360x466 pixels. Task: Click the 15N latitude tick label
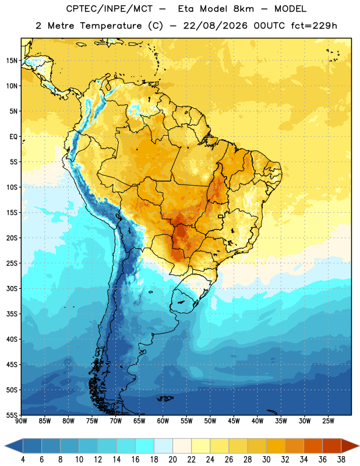pos(12,61)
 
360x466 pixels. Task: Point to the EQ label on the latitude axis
pos(13,137)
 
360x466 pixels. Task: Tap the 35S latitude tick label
pos(12,314)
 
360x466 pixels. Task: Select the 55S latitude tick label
pos(12,415)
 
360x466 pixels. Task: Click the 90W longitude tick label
pos(21,421)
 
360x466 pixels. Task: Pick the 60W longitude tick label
pos(163,421)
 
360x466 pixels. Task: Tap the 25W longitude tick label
pos(328,421)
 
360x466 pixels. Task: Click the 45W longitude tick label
pos(234,421)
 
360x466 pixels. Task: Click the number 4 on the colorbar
pos(23,460)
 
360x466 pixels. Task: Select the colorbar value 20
pos(172,460)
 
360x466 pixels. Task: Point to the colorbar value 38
pos(341,460)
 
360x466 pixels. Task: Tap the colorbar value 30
pos(266,460)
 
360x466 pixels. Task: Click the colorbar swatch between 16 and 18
pos(144,446)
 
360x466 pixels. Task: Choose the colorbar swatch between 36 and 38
pos(332,446)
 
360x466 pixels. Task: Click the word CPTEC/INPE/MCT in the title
pos(109,9)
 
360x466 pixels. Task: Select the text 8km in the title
pos(243,9)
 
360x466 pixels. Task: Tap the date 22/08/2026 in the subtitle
pos(215,26)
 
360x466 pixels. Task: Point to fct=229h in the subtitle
pos(314,26)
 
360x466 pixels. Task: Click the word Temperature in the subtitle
pos(111,26)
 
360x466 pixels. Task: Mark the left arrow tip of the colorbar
pos(5,446)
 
